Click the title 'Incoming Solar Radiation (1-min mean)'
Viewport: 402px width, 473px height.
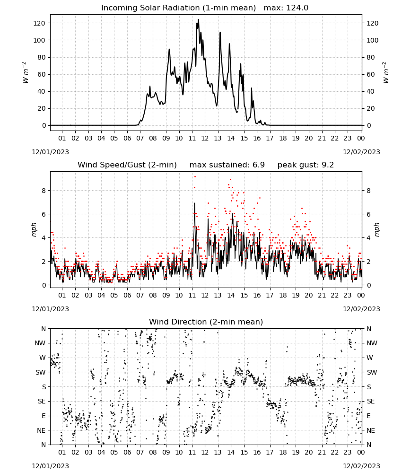click(178, 8)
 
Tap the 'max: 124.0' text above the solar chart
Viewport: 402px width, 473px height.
click(286, 8)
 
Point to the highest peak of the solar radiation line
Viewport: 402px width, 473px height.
click(199, 19)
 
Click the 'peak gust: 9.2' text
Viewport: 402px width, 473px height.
click(306, 165)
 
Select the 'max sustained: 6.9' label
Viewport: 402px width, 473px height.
click(227, 165)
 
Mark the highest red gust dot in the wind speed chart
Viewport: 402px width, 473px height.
click(195, 176)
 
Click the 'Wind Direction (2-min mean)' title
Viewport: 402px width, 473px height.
click(206, 322)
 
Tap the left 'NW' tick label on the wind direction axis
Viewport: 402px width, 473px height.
click(40, 343)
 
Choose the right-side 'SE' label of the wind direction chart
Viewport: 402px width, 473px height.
click(371, 401)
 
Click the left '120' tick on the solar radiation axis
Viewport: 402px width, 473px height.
click(40, 23)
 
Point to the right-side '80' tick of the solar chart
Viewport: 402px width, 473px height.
click(370, 57)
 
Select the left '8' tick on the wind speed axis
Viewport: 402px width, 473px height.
click(44, 191)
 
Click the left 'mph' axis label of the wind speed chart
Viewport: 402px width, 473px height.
click(34, 229)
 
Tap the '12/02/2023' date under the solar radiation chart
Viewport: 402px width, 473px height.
click(361, 152)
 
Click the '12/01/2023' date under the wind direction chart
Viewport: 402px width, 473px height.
click(50, 466)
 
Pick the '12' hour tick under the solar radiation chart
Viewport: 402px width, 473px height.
click(205, 138)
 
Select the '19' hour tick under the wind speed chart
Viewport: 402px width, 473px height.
click(296, 295)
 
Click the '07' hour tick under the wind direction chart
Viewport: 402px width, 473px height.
click(140, 453)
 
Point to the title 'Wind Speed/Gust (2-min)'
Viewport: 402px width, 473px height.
click(127, 165)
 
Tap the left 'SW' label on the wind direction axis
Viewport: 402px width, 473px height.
click(40, 372)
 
